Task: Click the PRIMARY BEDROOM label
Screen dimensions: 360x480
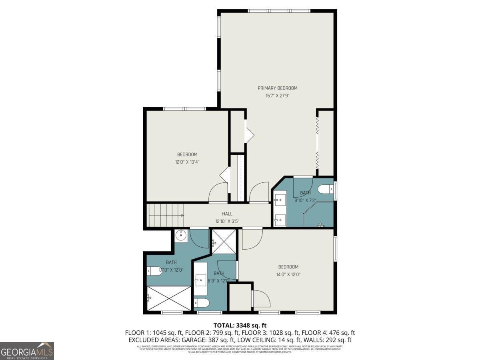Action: [277, 88]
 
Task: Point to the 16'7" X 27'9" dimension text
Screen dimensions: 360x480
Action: [277, 96]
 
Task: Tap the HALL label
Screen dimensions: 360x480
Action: [227, 214]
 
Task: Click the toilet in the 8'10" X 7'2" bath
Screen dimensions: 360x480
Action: [324, 188]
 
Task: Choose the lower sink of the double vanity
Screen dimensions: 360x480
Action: [280, 219]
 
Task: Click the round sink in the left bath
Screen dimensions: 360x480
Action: [181, 236]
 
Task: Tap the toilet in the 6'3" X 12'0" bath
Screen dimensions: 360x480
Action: [201, 303]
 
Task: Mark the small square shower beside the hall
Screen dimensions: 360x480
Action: [224, 242]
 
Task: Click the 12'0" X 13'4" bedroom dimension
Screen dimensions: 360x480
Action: [187, 162]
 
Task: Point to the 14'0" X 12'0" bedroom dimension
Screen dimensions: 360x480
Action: [288, 274]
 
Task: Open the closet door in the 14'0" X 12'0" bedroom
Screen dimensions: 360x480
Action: [261, 298]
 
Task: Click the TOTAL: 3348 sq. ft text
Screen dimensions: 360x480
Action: [240, 326]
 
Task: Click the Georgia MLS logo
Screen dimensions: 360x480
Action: [27, 351]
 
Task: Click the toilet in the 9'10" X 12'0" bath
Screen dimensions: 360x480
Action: [154, 271]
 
